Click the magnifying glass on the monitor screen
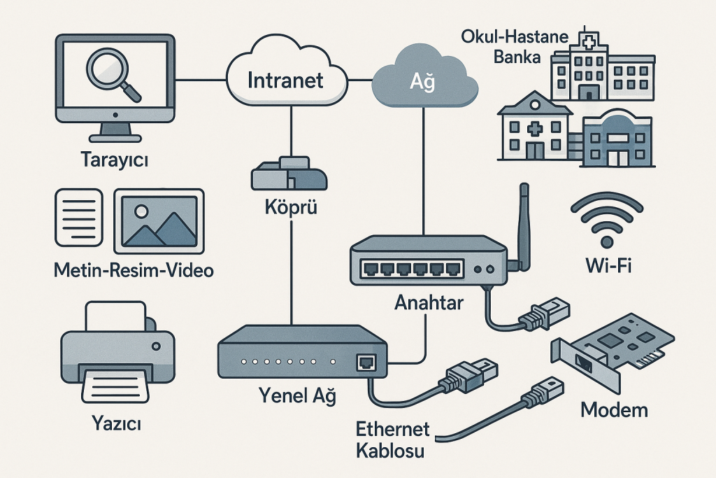click(110, 73)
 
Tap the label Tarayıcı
click(115, 161)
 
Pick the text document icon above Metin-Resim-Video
click(78, 218)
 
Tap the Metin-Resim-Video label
click(134, 270)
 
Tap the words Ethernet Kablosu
click(390, 440)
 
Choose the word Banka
click(517, 57)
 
